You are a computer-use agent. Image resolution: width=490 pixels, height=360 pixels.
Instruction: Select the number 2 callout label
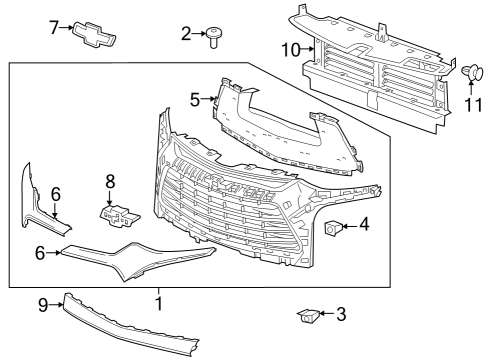[186, 34]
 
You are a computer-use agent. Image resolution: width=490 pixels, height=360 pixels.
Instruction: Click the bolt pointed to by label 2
[214, 38]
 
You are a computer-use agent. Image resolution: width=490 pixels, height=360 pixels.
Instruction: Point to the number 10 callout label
[290, 48]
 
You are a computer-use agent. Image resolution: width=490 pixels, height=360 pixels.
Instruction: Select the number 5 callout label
[196, 98]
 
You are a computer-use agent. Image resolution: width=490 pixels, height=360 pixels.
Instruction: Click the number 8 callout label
[111, 182]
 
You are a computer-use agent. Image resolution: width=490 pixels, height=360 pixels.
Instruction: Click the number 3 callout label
[340, 315]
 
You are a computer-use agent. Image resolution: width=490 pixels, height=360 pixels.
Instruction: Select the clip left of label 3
[308, 317]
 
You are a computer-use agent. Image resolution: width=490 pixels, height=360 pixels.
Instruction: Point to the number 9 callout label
[43, 303]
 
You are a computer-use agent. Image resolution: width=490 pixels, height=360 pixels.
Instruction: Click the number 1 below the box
[157, 301]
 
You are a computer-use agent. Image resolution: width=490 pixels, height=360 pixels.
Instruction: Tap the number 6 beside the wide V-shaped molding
[40, 254]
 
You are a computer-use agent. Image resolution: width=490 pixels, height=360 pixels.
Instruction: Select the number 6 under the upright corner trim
[56, 193]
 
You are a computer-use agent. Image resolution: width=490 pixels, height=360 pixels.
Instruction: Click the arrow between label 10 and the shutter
[308, 48]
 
